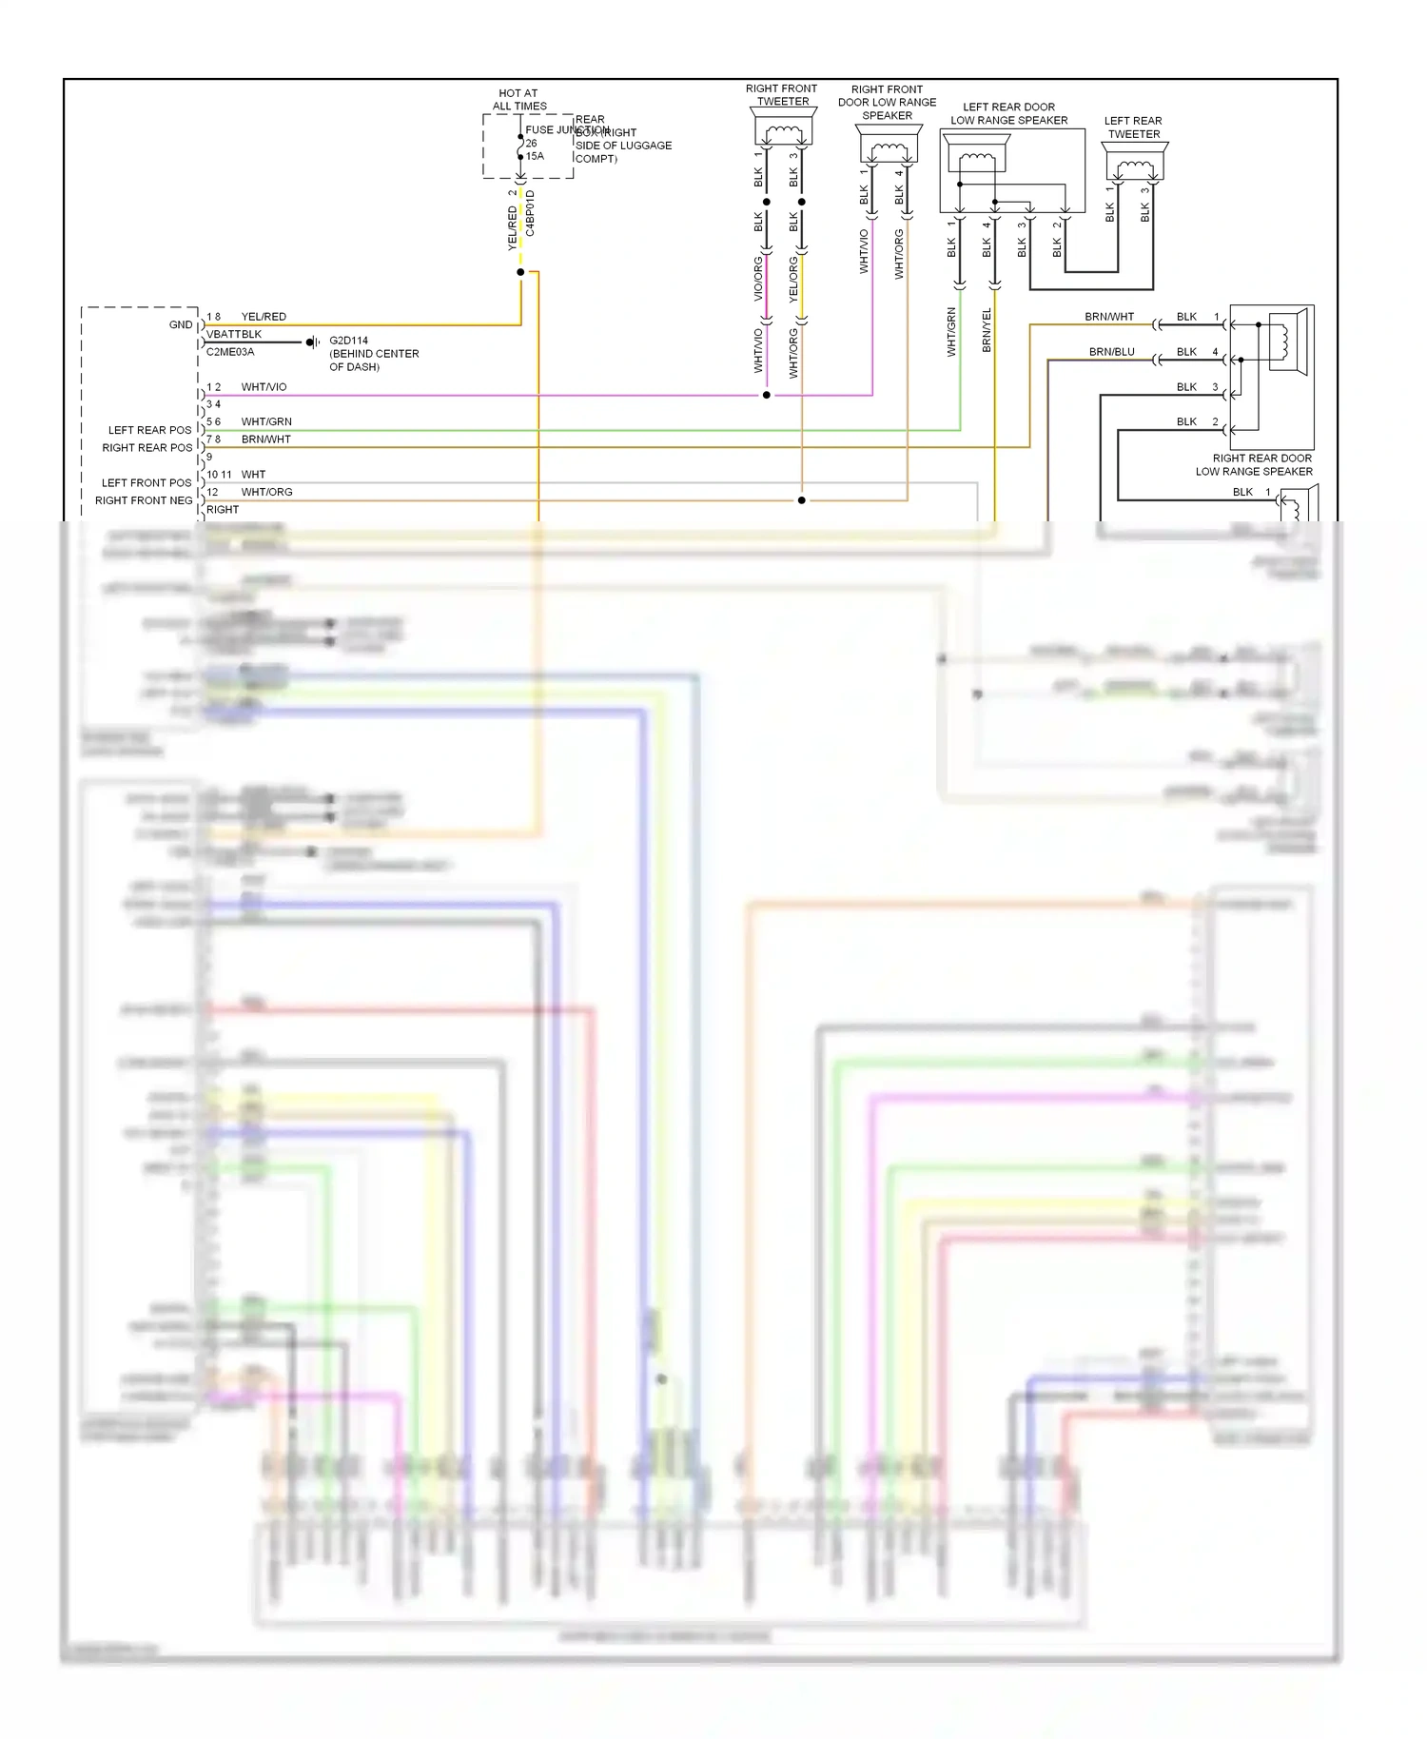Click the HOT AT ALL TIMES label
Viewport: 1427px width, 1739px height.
(x=519, y=100)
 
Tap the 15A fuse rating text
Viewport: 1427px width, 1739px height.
(x=536, y=156)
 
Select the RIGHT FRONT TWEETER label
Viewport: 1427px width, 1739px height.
(x=781, y=95)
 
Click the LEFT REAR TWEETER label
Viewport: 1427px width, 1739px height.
(x=1133, y=127)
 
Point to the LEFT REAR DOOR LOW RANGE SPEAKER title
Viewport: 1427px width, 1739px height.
(x=1008, y=114)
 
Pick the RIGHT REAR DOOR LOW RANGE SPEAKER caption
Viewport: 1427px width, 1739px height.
(x=1254, y=464)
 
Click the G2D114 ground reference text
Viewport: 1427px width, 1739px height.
(x=348, y=341)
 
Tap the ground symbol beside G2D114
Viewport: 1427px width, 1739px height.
(x=312, y=342)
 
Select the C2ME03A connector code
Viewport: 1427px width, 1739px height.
(x=230, y=352)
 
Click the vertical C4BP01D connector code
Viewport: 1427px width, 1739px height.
(x=531, y=214)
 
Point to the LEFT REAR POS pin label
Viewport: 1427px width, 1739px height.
(x=149, y=430)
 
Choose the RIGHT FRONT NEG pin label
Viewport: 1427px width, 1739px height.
(x=144, y=500)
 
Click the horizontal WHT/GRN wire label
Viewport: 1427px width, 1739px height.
(x=266, y=421)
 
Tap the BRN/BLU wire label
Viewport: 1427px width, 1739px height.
(x=1111, y=352)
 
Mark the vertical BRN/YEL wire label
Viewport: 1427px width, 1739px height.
(x=987, y=330)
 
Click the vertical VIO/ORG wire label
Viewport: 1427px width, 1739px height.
(x=758, y=279)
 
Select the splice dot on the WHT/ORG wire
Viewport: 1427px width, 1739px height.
(x=802, y=500)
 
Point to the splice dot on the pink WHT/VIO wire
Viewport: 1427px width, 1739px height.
(x=767, y=395)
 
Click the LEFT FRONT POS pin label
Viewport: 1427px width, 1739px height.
(x=147, y=483)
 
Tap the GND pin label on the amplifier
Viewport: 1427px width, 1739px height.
(x=181, y=324)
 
